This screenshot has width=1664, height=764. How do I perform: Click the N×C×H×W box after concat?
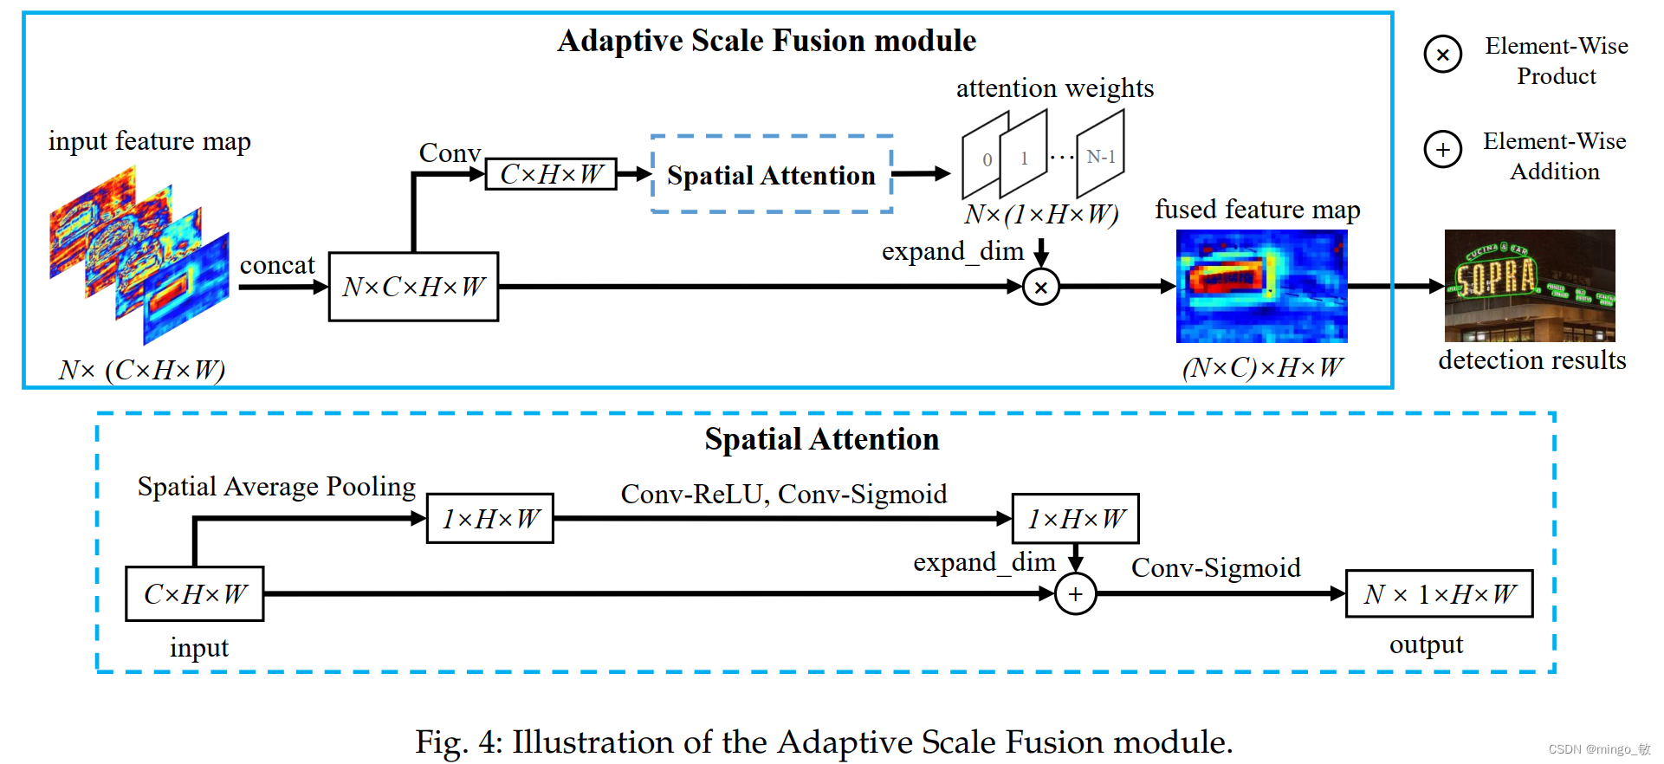pos(413,287)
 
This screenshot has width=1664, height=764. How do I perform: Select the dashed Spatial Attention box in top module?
pos(771,174)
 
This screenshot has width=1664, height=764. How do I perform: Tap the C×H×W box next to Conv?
pos(551,174)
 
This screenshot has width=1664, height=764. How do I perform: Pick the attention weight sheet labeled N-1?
pos(1100,157)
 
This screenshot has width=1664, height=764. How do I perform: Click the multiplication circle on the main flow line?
pos(1041,287)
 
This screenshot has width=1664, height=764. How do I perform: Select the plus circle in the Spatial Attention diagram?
pos(1075,594)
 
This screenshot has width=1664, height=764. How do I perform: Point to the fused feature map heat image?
pos(1261,286)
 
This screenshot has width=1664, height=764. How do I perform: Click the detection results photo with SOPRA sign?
pos(1530,285)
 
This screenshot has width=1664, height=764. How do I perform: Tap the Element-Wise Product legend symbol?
pos(1442,55)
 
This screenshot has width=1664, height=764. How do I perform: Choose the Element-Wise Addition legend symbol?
pos(1442,150)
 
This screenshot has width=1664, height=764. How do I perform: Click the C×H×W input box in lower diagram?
pos(195,594)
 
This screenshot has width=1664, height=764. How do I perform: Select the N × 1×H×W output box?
pos(1439,594)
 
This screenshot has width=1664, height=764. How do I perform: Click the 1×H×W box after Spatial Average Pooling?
pos(490,519)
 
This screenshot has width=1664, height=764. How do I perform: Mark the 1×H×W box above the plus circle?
pos(1075,519)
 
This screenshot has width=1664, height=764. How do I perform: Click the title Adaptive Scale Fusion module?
pos(767,41)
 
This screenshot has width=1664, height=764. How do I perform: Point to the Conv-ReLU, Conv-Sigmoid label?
pos(784,494)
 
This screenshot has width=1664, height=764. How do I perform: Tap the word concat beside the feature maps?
pos(277,265)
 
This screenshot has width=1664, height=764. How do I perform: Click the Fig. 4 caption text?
pos(823,742)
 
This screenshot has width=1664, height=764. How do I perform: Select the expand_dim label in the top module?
pos(953,251)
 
